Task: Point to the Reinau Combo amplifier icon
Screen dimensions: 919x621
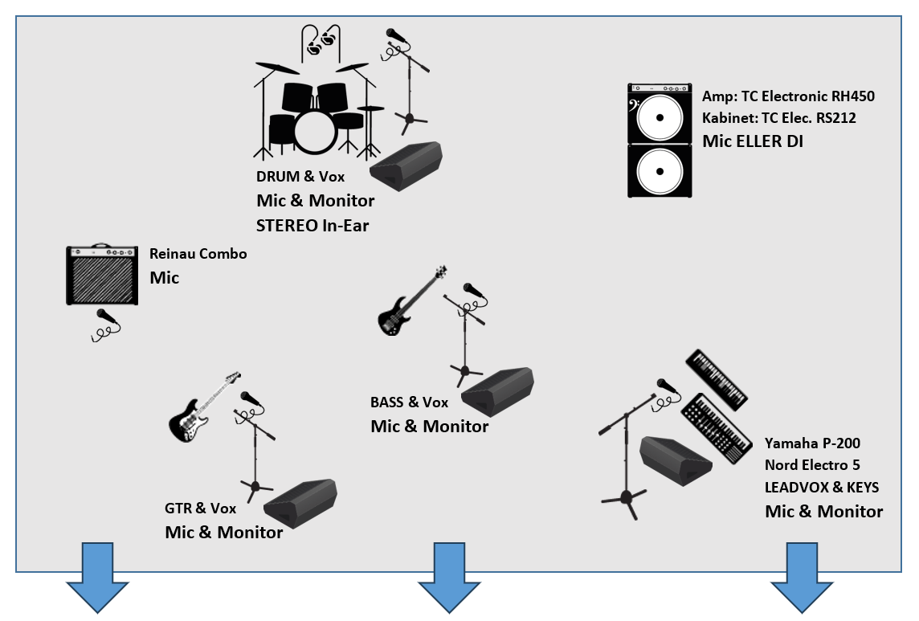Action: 102,275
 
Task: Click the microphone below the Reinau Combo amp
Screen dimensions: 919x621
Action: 106,325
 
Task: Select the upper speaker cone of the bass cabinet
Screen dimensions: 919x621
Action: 660,117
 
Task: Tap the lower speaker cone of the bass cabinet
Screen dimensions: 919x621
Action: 660,171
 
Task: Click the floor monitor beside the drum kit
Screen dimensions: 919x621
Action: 406,166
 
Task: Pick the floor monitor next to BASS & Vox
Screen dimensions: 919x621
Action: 497,392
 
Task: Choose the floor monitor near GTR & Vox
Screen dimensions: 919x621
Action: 300,504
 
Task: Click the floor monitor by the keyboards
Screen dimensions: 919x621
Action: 676,461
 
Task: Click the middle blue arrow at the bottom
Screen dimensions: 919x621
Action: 449,578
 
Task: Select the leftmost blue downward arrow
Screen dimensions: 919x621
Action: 97,578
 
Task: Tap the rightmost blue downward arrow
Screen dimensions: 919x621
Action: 802,578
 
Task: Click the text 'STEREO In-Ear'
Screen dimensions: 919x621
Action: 312,226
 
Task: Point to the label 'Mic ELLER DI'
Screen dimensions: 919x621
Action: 753,141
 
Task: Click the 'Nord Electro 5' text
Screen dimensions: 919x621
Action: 812,465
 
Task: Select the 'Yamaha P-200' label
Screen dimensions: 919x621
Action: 812,443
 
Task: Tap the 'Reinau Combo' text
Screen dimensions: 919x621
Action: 198,254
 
